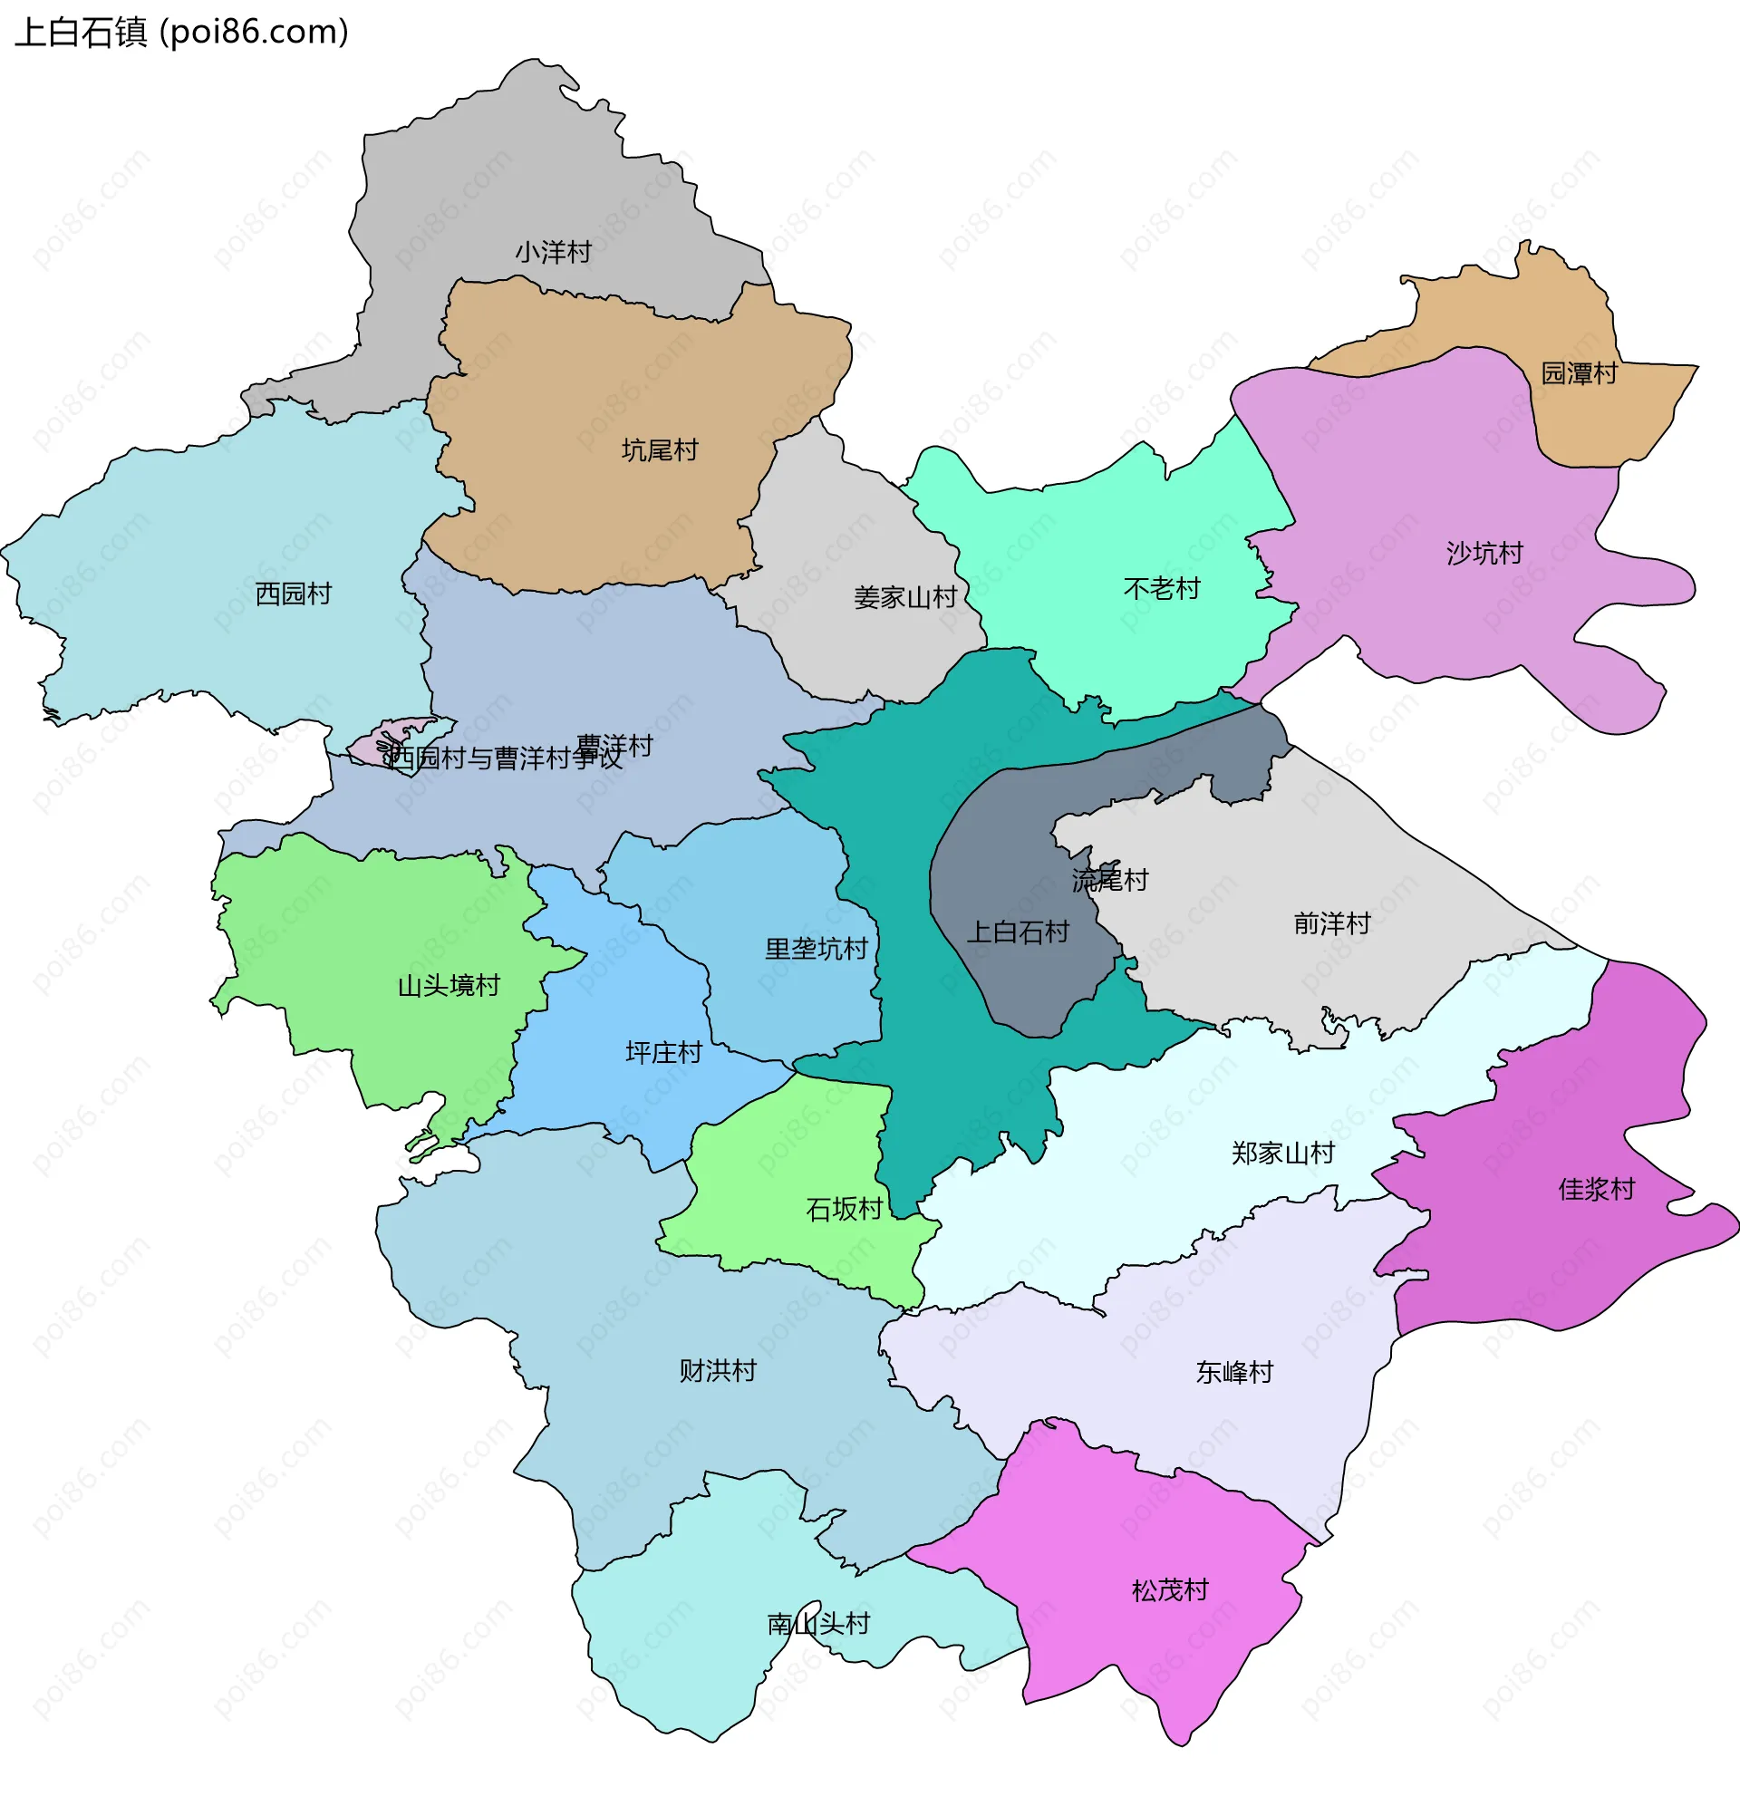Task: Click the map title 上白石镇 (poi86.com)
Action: (181, 33)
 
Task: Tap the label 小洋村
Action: (553, 252)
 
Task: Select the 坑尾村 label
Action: (660, 450)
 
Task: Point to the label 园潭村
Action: (1580, 373)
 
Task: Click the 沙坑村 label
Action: (1484, 553)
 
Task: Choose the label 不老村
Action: (1162, 588)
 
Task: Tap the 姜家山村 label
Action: (906, 598)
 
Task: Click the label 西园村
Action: (293, 594)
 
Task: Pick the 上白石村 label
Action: (1018, 932)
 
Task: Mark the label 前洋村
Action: (1333, 923)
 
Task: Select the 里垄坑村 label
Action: (817, 949)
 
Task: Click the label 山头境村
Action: (449, 986)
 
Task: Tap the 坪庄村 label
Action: (663, 1052)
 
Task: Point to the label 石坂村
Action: (845, 1209)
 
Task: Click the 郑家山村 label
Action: (1284, 1153)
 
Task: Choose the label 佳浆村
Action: (1597, 1189)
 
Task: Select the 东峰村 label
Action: (1235, 1372)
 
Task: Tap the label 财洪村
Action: (718, 1370)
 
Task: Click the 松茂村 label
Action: (1171, 1589)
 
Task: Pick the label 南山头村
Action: (818, 1624)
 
